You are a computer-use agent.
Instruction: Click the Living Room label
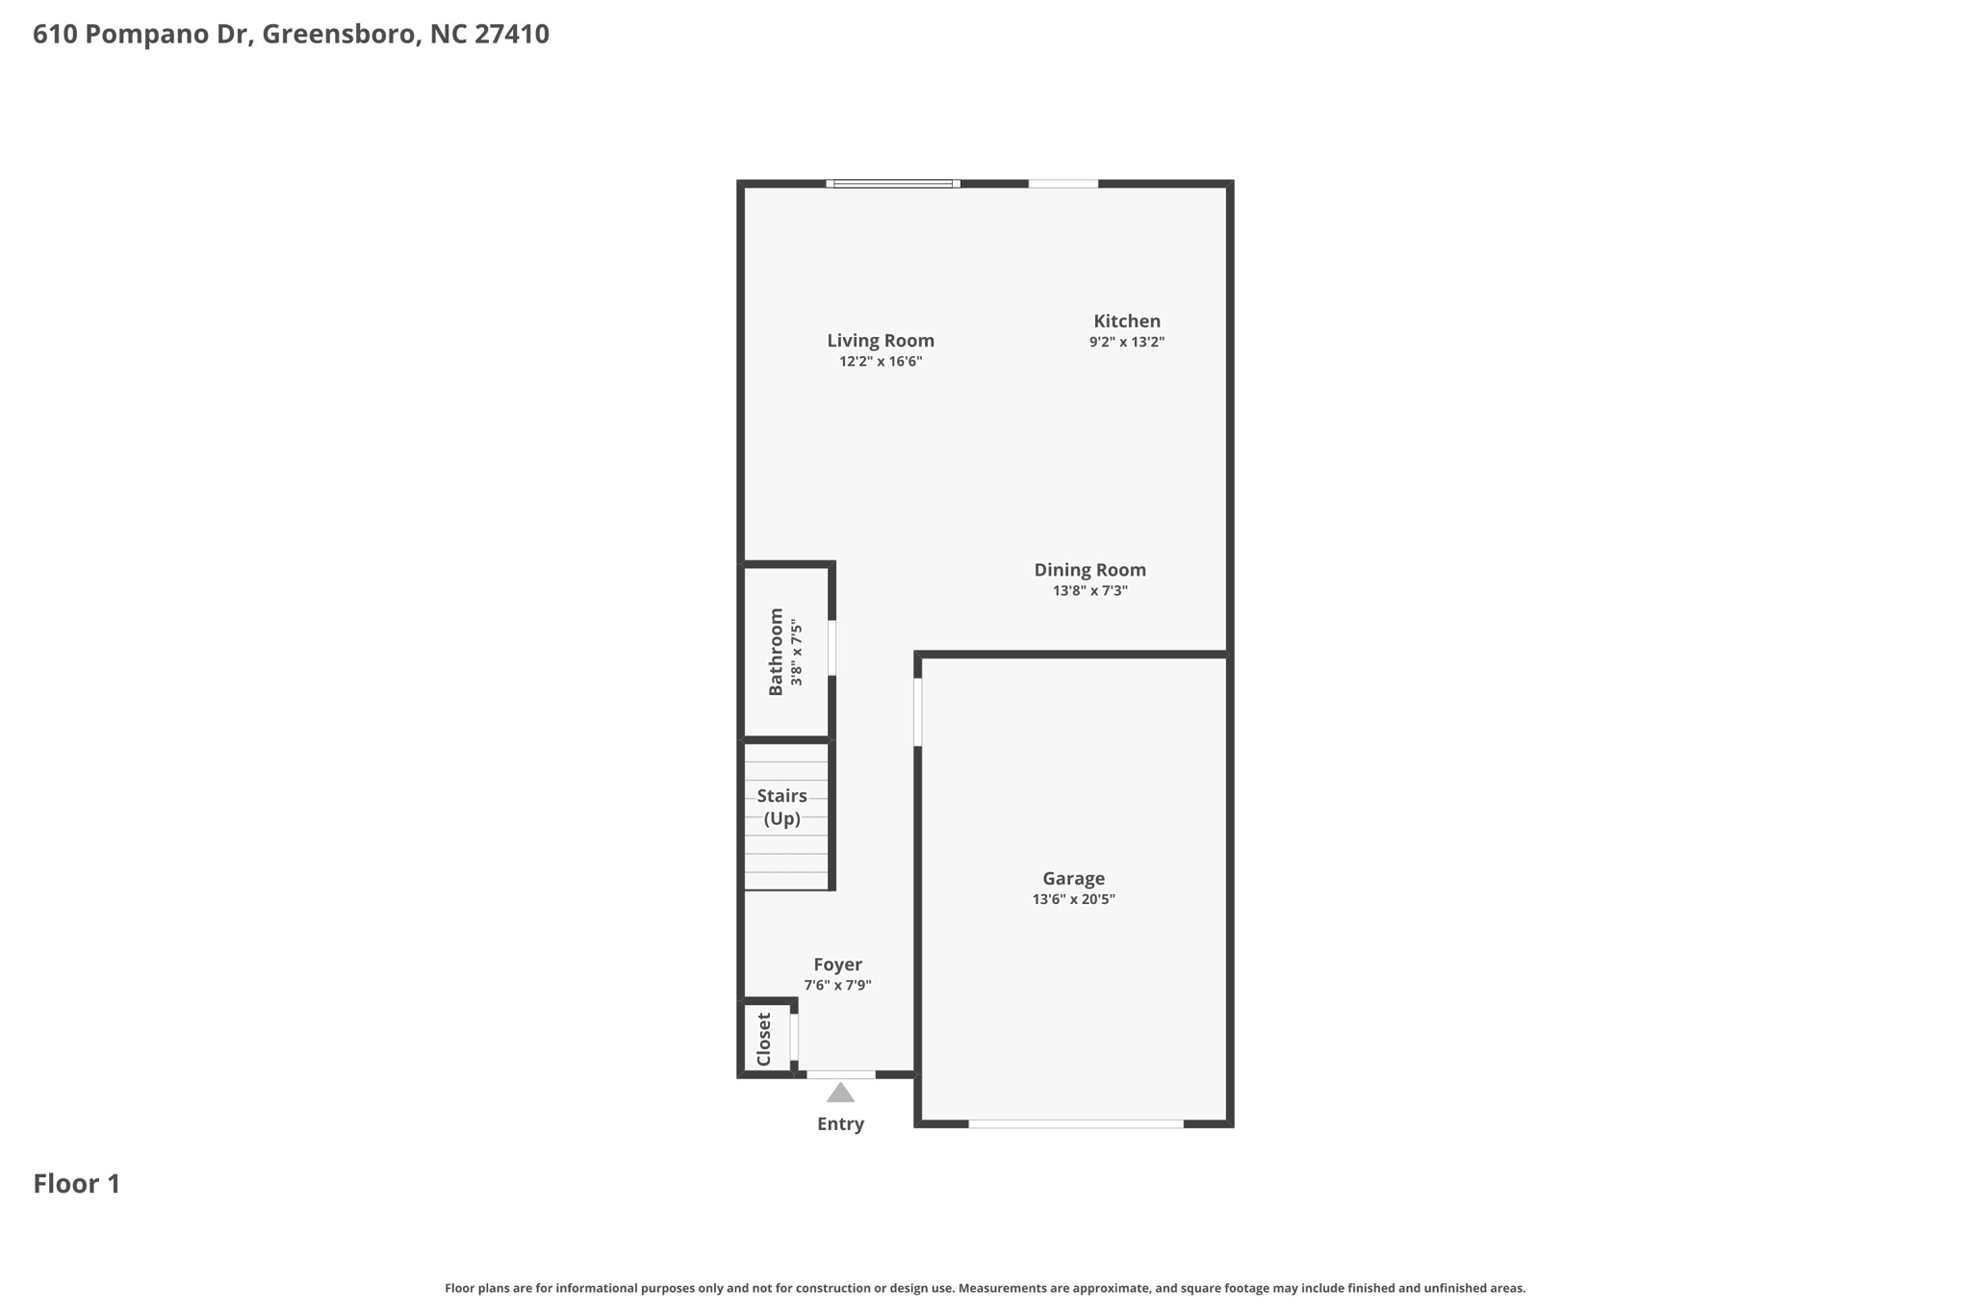(880, 340)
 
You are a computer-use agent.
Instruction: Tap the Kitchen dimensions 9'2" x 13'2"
(1126, 342)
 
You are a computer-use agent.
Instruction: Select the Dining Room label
(1089, 570)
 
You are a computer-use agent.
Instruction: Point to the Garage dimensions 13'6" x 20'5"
(1073, 899)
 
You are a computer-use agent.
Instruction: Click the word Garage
(1073, 878)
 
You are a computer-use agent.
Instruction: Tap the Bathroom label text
(776, 652)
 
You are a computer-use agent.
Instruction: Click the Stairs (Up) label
(781, 807)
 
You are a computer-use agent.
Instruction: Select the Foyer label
(837, 965)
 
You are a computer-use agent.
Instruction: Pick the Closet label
(764, 1039)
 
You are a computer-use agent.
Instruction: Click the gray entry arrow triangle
(840, 1093)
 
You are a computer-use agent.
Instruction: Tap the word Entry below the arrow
(840, 1123)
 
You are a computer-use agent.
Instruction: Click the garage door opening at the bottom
(1075, 1123)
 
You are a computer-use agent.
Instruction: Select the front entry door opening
(840, 1074)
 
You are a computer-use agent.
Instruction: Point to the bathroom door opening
(832, 648)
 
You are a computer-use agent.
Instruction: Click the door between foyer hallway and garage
(917, 711)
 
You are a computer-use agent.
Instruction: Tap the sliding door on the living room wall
(892, 183)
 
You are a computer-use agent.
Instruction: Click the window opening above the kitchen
(1062, 183)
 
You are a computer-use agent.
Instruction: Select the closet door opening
(794, 1037)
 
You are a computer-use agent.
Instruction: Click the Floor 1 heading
(77, 1183)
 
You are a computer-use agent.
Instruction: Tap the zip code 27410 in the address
(512, 34)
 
